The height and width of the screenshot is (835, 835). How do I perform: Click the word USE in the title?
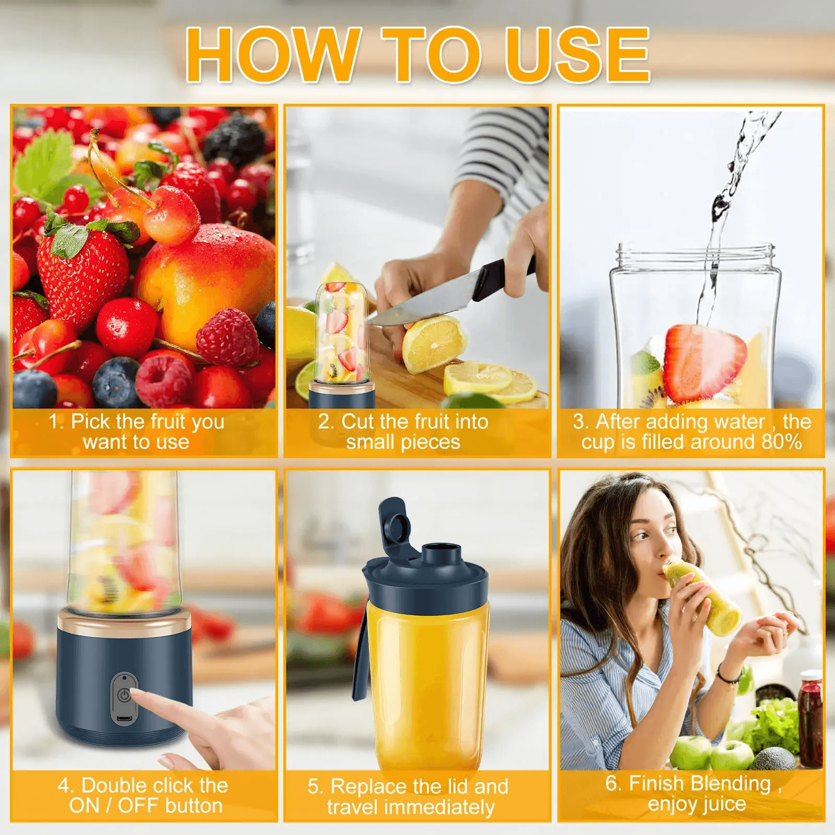point(578,55)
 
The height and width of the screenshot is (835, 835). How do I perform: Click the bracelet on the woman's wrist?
point(729,676)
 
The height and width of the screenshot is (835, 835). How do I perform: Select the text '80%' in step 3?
point(781,442)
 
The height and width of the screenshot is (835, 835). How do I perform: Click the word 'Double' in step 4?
point(117,785)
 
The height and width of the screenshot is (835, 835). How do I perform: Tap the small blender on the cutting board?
point(342,344)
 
